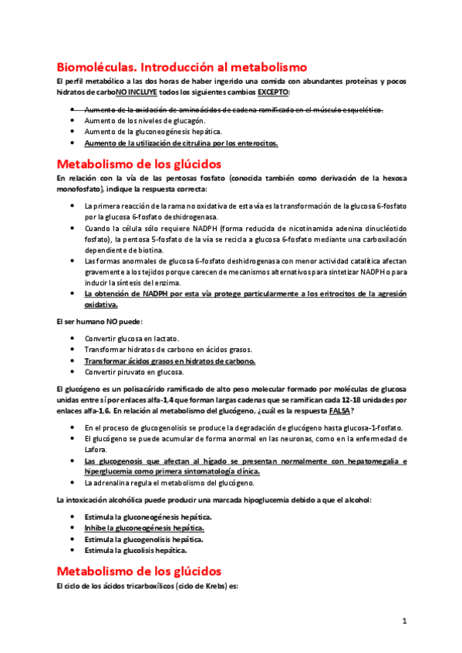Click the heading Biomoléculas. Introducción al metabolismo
pyautogui.click(x=182, y=67)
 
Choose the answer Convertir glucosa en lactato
pyautogui.click(x=132, y=338)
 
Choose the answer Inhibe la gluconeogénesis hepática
pyautogui.click(x=144, y=527)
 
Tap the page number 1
pyautogui.click(x=404, y=621)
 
